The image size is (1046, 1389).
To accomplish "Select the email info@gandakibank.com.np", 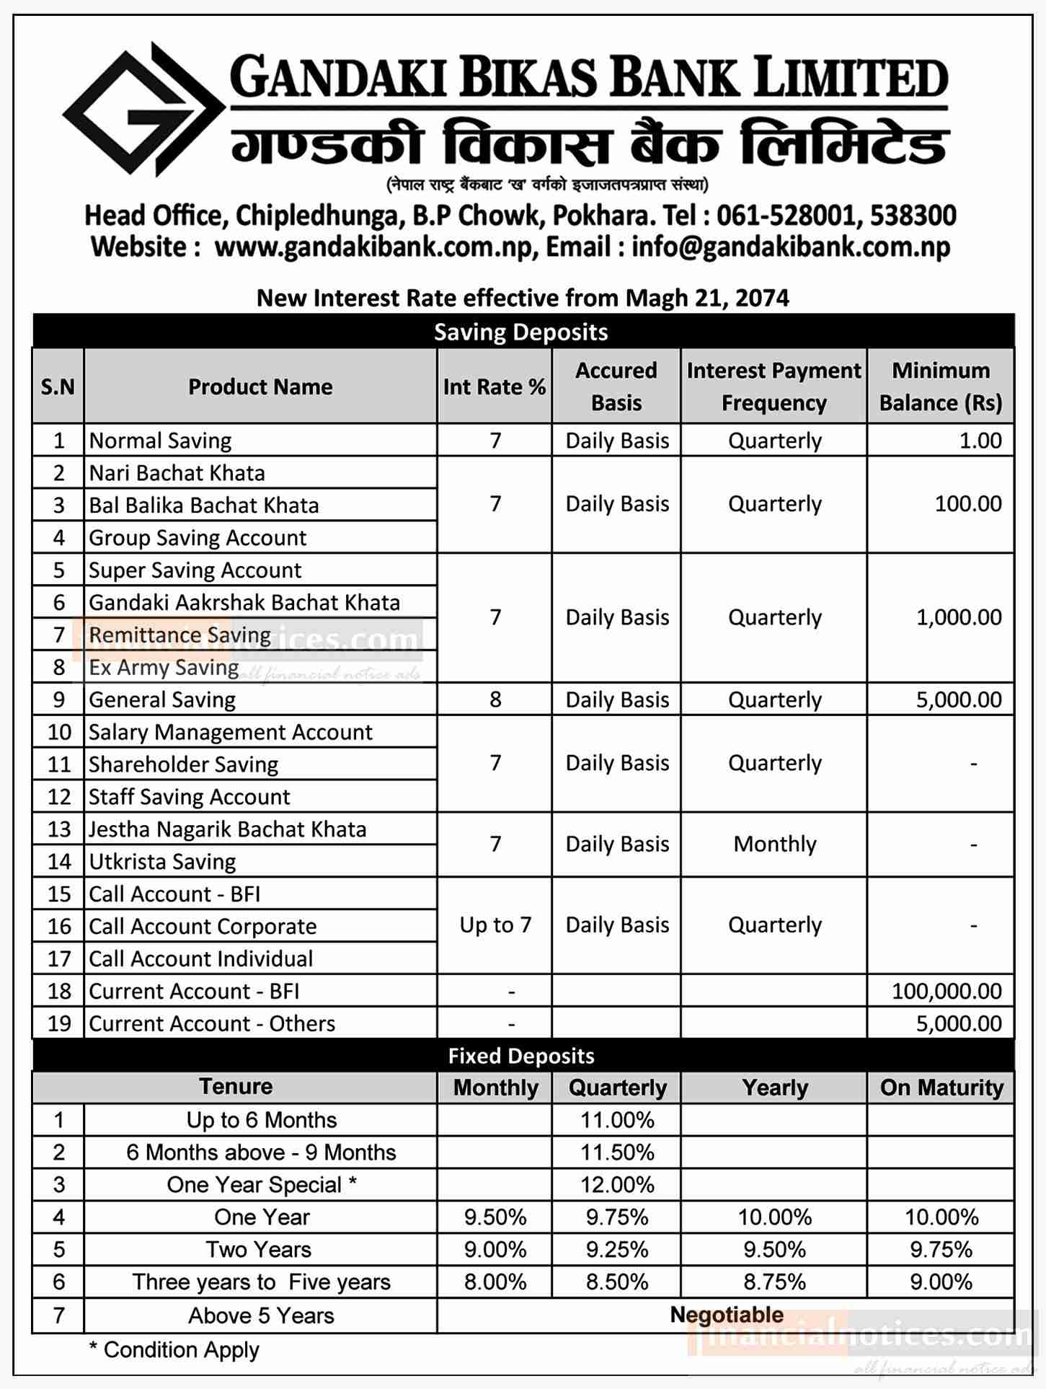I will click(791, 247).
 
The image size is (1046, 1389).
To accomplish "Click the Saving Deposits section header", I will click(521, 332).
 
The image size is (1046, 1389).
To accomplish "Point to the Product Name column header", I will click(260, 387).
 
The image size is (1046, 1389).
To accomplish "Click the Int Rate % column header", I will click(495, 387).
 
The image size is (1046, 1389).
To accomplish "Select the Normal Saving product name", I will click(161, 441).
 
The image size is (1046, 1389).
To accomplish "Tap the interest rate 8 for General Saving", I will click(495, 700).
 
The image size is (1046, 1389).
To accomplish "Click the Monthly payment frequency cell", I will click(775, 844).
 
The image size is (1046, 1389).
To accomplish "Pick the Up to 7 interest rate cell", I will click(495, 925).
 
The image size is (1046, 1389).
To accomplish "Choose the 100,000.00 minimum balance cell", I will click(947, 991).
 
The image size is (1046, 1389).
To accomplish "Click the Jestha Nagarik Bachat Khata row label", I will click(228, 829).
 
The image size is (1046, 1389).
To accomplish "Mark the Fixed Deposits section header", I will click(521, 1057).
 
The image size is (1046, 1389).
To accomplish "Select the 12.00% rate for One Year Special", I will click(617, 1185).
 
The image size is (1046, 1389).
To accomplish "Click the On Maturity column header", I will click(941, 1088).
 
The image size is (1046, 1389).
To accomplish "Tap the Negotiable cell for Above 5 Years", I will click(727, 1315).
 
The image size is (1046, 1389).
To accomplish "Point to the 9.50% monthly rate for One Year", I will click(495, 1217).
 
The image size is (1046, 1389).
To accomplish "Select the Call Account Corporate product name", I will click(203, 927).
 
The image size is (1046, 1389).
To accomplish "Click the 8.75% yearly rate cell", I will click(775, 1282).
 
